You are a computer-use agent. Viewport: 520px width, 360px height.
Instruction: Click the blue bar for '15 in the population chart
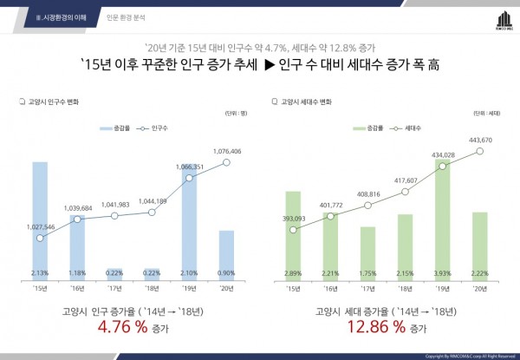[40, 217]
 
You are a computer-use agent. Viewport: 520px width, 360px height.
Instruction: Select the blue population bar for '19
[189, 221]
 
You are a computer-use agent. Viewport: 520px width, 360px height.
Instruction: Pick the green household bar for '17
[367, 252]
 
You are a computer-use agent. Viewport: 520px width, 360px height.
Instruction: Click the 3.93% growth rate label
[442, 273]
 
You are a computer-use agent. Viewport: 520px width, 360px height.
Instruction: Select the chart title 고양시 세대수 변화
[307, 101]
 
